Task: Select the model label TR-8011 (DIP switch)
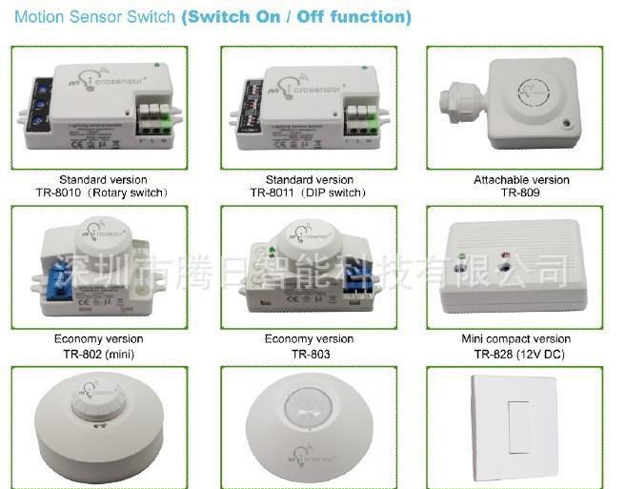coord(309,192)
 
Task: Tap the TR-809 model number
coord(520,192)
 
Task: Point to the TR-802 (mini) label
coord(99,354)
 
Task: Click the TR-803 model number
coord(309,354)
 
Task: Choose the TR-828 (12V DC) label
coord(520,354)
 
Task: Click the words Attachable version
coord(520,179)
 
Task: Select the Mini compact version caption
coord(520,338)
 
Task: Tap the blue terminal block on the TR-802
coord(51,274)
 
